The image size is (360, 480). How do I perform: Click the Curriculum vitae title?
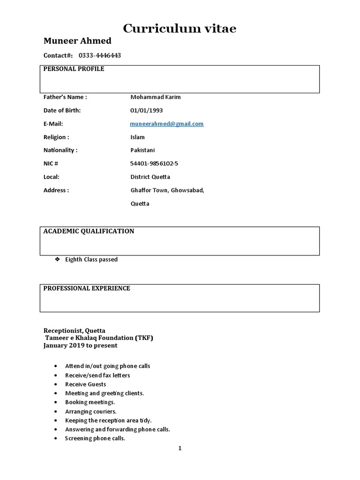(x=180, y=29)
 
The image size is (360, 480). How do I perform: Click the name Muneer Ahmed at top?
(x=77, y=42)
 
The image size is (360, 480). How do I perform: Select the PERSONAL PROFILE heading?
(x=74, y=69)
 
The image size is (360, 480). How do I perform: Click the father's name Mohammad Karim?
(x=155, y=97)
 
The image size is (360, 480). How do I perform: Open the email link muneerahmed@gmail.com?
(x=167, y=124)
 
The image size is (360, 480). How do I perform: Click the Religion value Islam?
(x=137, y=137)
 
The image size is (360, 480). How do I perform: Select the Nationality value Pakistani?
(x=142, y=150)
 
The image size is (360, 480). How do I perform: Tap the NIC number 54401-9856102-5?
(x=154, y=164)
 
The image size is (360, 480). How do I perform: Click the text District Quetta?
(x=150, y=177)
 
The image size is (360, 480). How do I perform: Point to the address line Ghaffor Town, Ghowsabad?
(x=167, y=190)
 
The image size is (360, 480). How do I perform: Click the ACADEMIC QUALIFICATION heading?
(x=89, y=231)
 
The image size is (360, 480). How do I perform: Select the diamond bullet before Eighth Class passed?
(x=57, y=259)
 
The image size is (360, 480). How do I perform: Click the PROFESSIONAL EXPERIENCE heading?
(x=87, y=288)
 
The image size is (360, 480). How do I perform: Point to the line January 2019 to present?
(x=80, y=345)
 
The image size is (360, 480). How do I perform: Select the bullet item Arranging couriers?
(x=90, y=411)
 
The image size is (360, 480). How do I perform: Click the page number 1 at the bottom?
(x=180, y=448)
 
